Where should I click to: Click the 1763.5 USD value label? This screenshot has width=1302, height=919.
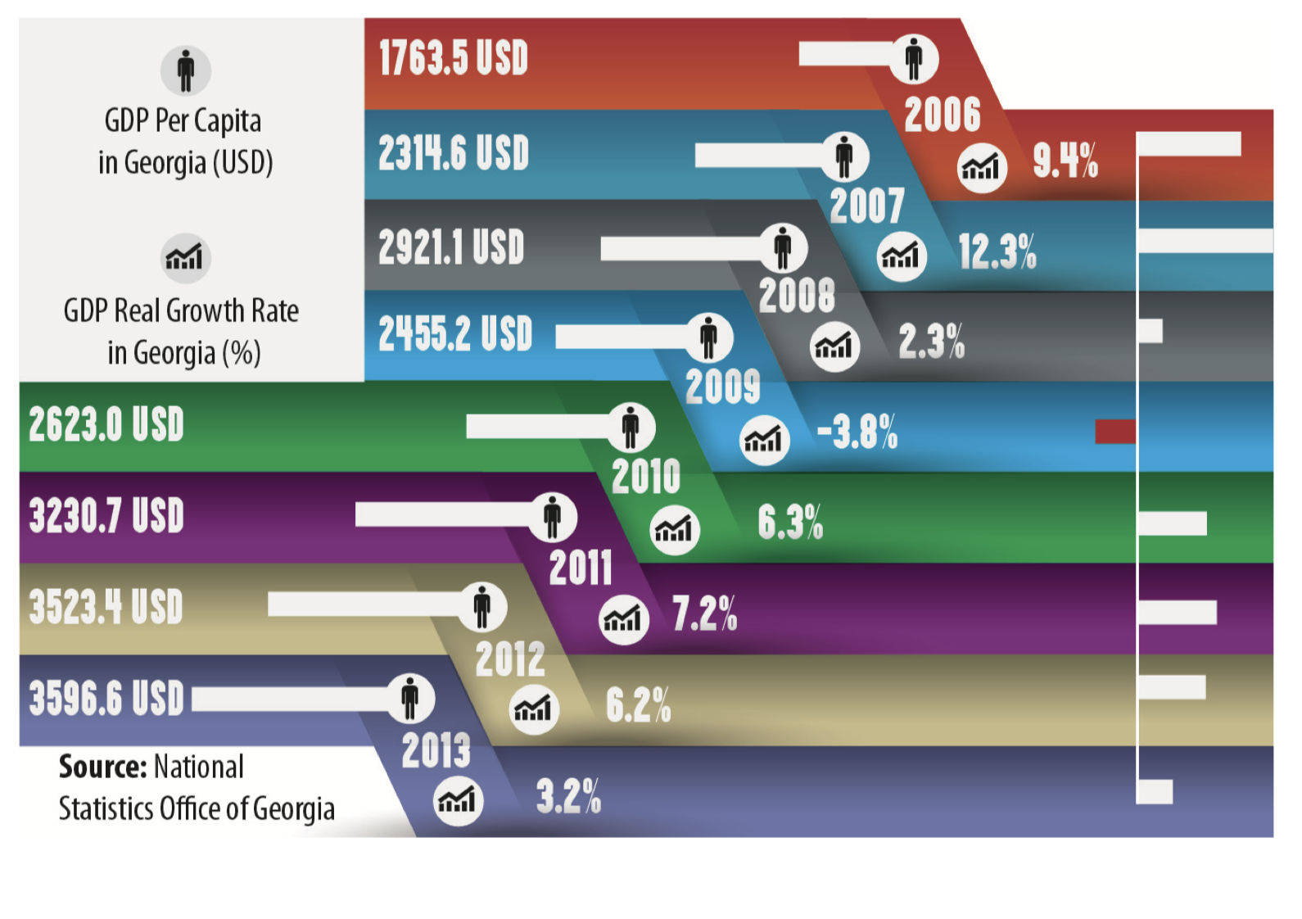(x=453, y=59)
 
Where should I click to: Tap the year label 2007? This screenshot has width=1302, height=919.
(x=866, y=206)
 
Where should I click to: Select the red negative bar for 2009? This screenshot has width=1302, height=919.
(x=1115, y=432)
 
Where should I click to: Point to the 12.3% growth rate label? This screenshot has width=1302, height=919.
(x=997, y=251)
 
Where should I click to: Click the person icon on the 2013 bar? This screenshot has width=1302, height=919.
(x=410, y=699)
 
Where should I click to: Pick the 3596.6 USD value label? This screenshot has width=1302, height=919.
(x=106, y=699)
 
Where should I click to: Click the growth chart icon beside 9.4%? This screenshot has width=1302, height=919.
(x=981, y=168)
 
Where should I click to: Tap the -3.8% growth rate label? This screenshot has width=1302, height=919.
(x=857, y=432)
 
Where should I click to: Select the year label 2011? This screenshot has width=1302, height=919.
(x=580, y=568)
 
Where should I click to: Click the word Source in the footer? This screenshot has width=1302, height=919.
(x=102, y=767)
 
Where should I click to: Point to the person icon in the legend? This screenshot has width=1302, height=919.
(x=186, y=70)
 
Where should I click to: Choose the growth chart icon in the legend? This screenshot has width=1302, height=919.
(x=185, y=256)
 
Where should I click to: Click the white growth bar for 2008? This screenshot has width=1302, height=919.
(x=1151, y=331)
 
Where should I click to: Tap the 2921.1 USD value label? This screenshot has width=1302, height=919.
(x=450, y=247)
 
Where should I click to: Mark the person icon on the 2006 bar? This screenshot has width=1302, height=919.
(x=914, y=59)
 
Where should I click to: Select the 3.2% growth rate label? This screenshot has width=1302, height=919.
(x=568, y=796)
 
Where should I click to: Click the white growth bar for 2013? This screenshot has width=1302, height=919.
(x=1155, y=792)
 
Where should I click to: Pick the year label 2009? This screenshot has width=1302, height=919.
(x=722, y=387)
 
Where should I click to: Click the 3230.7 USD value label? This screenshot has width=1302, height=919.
(x=106, y=516)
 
